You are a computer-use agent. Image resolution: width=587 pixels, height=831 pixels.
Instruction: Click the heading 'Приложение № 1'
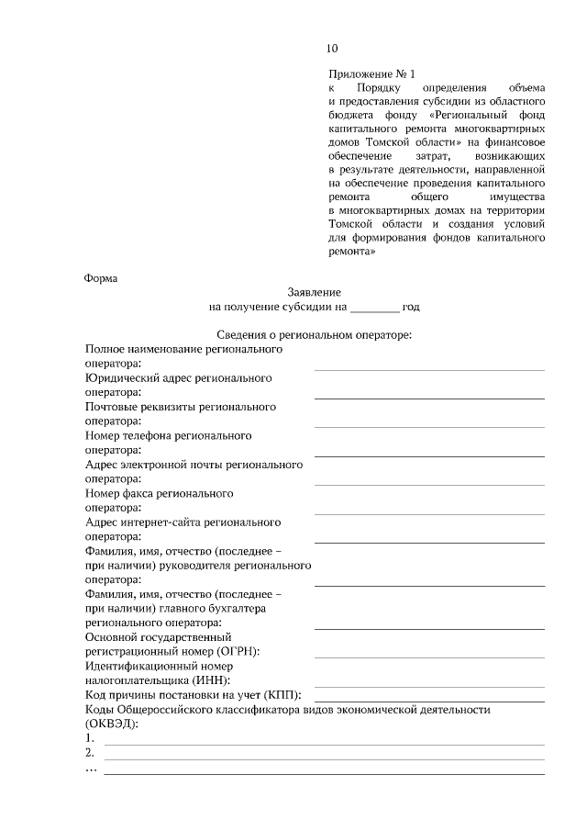pos(371,73)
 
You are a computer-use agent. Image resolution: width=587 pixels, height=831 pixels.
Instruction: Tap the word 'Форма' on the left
pos(101,277)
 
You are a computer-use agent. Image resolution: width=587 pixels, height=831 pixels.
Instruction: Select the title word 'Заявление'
pos(314,291)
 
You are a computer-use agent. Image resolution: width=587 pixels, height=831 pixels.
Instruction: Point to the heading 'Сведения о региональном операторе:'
pos(315,335)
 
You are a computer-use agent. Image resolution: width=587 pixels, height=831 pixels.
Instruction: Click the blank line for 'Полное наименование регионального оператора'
pos(428,368)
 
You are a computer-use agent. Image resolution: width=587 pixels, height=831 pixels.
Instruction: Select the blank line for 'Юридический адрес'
pos(428,398)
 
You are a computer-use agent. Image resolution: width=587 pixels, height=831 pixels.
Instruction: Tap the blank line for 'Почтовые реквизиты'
pos(428,426)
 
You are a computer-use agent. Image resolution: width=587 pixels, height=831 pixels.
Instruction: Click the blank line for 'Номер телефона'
pos(428,455)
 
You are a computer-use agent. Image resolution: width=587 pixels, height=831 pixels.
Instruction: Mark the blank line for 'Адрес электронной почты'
pos(428,484)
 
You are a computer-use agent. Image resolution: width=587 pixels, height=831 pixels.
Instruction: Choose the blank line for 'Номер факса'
pos(428,512)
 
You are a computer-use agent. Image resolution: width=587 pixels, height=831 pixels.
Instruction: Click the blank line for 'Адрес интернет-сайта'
pos(428,542)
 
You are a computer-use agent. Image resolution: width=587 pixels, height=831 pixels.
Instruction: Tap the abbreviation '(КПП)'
pos(288,695)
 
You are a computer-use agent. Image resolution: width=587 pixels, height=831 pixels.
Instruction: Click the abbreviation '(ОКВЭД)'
pos(111,724)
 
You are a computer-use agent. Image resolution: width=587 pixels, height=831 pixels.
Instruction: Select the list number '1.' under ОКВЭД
pos(90,738)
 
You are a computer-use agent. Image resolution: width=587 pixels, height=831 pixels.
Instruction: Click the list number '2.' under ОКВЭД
pos(90,753)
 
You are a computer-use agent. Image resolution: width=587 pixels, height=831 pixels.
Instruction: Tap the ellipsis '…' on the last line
pos(91,769)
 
